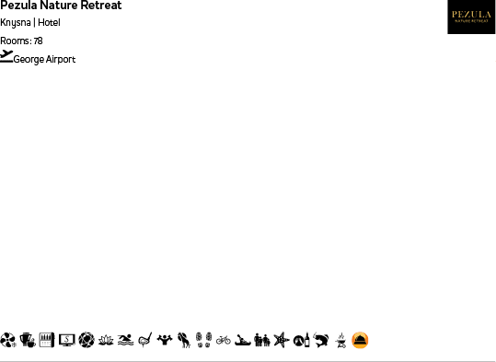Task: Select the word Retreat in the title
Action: [x=100, y=6]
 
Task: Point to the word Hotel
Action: [x=49, y=22]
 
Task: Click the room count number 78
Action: [x=38, y=41]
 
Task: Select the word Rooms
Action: [x=15, y=41]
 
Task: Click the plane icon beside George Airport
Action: [x=6, y=55]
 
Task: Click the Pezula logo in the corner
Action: [x=471, y=17]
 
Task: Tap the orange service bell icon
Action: [x=360, y=341]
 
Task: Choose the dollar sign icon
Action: [x=66, y=340]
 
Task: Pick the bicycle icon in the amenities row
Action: [x=224, y=341]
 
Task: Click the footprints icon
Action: [x=203, y=341]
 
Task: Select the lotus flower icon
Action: [x=106, y=341]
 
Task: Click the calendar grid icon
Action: [x=47, y=340]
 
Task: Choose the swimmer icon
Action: [x=126, y=341]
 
